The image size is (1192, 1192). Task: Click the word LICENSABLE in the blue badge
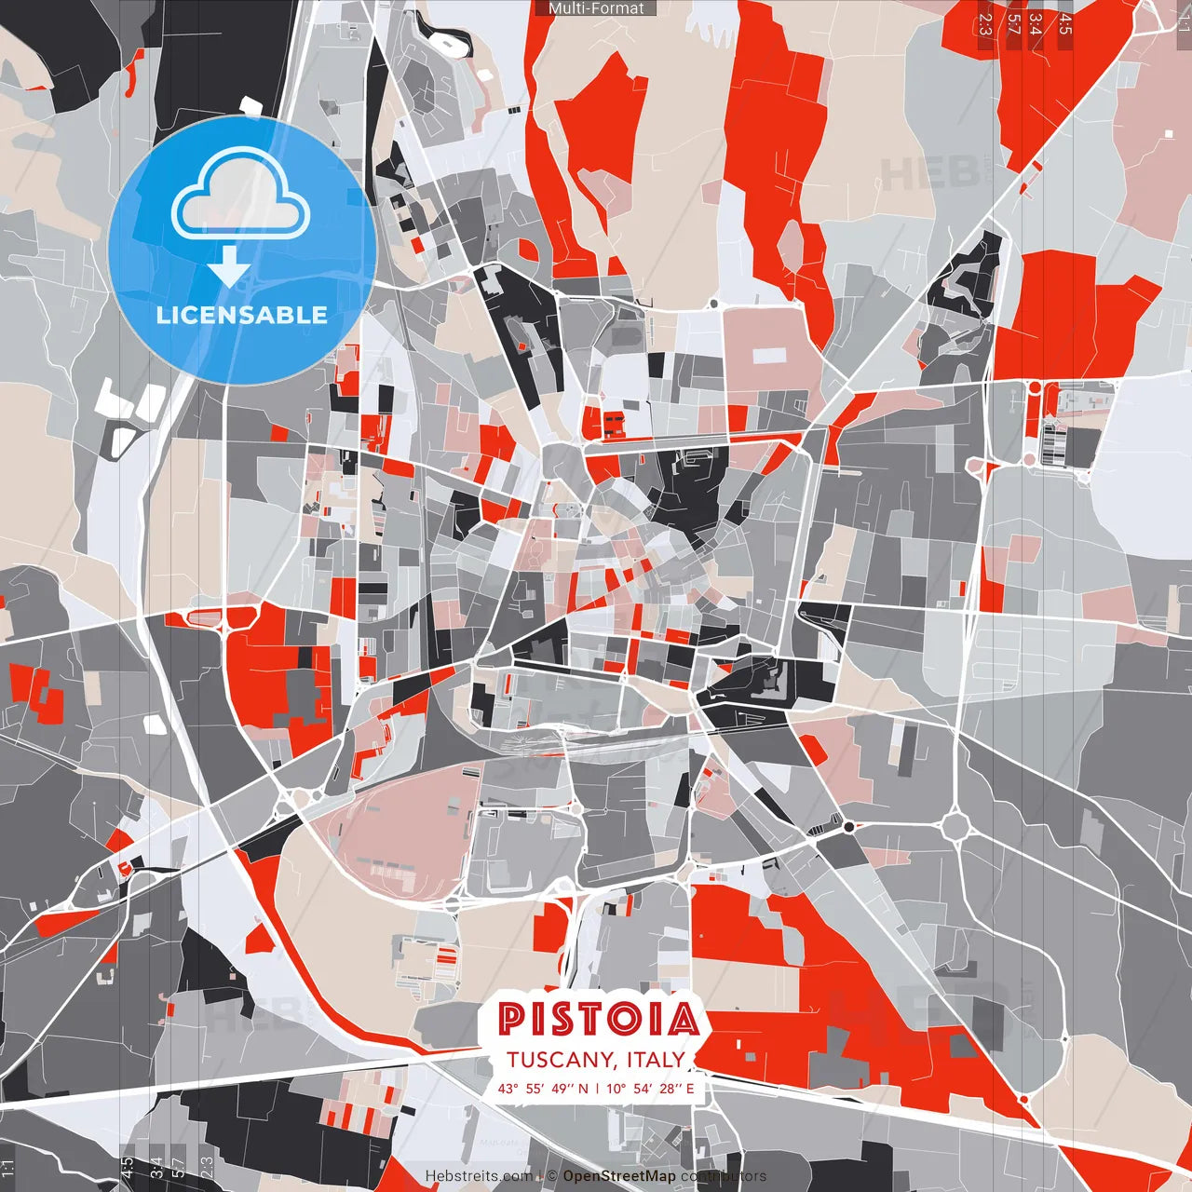pos(241,315)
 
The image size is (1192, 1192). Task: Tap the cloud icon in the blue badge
pos(241,196)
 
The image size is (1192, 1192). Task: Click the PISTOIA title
pos(598,1020)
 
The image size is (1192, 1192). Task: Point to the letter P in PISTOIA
pos(510,1020)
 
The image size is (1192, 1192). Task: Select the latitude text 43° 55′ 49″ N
pos(543,1088)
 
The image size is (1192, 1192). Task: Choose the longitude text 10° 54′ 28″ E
pos(651,1088)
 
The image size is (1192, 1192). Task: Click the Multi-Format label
pos(596,8)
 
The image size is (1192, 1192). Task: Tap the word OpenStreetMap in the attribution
pos(619,1176)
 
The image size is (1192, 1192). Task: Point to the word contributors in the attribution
pos(724,1176)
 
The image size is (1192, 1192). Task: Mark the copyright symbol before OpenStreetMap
pos(552,1176)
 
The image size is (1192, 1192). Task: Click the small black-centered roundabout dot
pos(848,826)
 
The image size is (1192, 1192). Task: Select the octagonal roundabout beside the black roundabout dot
pos(955,825)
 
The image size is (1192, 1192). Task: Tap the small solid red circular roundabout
pos(1034,386)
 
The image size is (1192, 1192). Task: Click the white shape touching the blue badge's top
pos(250,106)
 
